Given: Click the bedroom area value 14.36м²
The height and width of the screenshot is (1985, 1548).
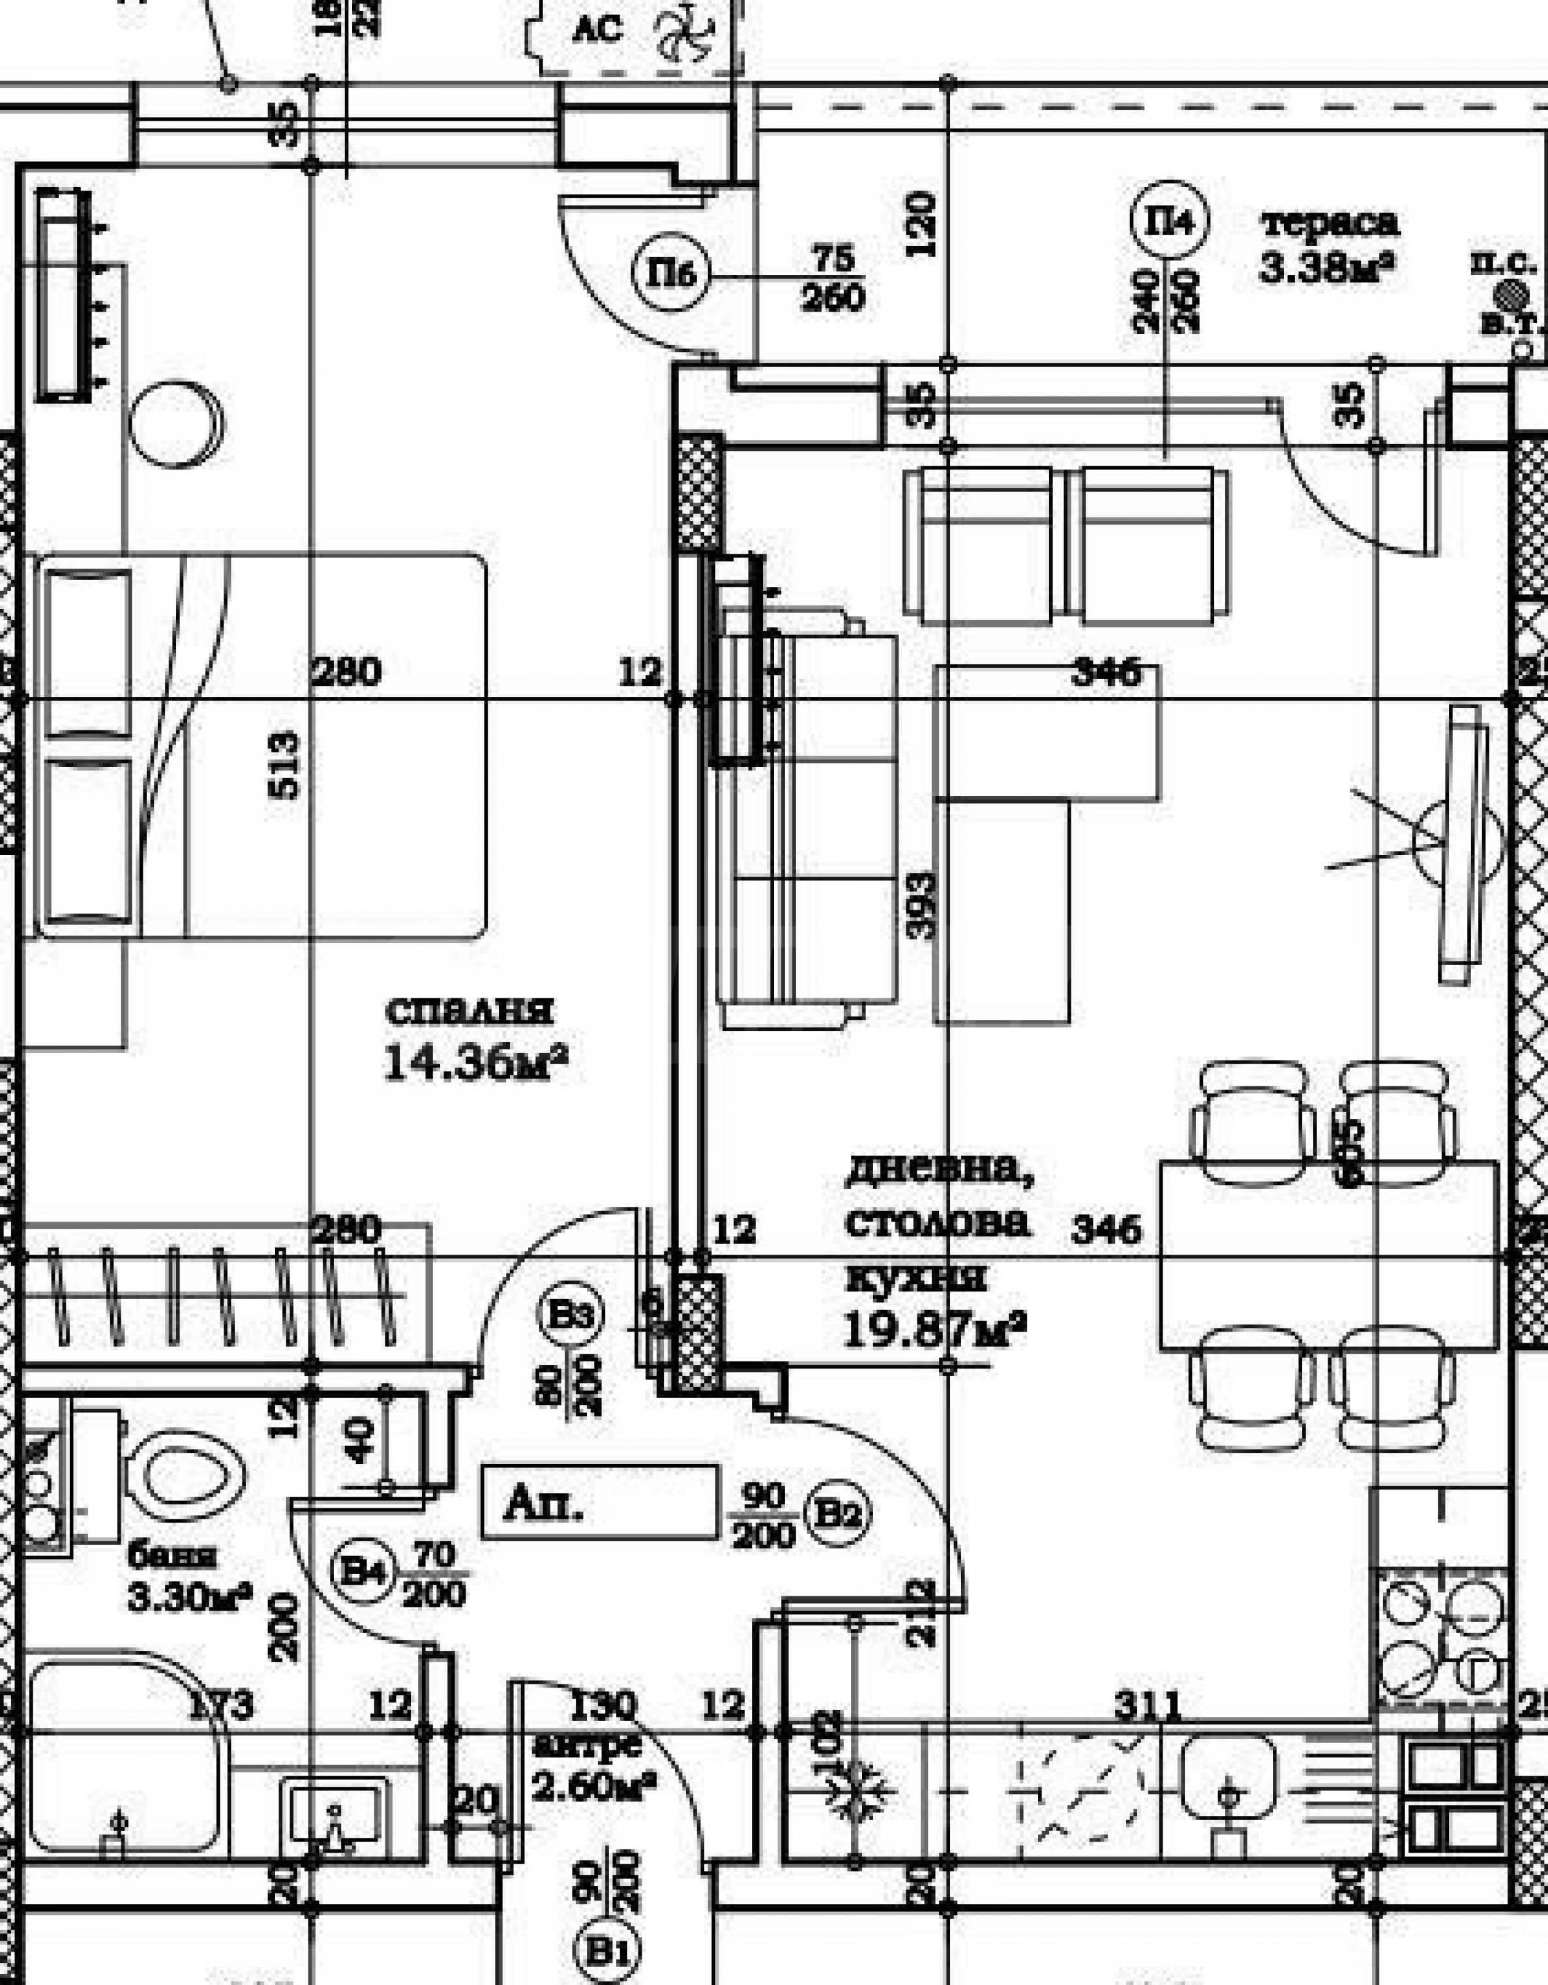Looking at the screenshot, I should click(x=475, y=1062).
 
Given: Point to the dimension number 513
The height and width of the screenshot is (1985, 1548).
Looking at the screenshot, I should click(x=284, y=766).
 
